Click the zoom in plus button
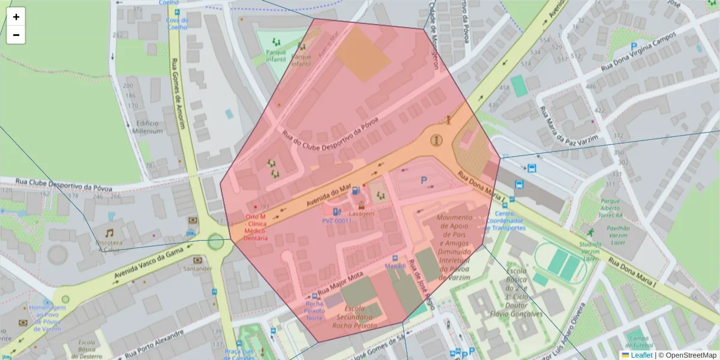(16, 17)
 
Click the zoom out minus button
(16, 35)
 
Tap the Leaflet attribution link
(641, 355)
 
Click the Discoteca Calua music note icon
(109, 233)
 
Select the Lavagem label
(362, 214)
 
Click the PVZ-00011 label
(337, 221)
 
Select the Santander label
(197, 268)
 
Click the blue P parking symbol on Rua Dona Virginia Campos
(634, 46)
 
